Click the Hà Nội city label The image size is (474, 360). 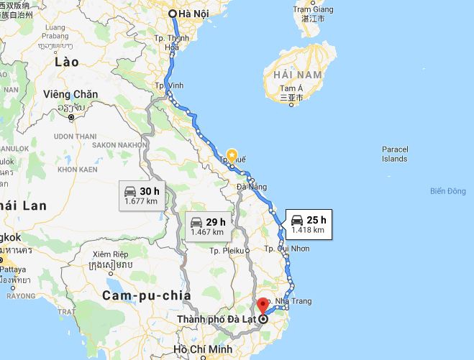pyautogui.click(x=195, y=14)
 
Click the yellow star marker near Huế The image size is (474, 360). pyautogui.click(x=232, y=154)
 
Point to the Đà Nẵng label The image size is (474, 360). pyautogui.click(x=252, y=187)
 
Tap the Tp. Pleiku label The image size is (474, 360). pyautogui.click(x=227, y=251)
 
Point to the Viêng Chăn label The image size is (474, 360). pyautogui.click(x=70, y=95)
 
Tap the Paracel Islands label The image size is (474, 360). pyautogui.click(x=394, y=154)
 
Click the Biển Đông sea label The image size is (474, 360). pyautogui.click(x=447, y=191)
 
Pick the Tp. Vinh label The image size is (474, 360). pyautogui.click(x=170, y=86)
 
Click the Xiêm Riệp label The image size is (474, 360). pyautogui.click(x=110, y=254)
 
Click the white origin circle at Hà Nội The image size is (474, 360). pyautogui.click(x=173, y=14)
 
